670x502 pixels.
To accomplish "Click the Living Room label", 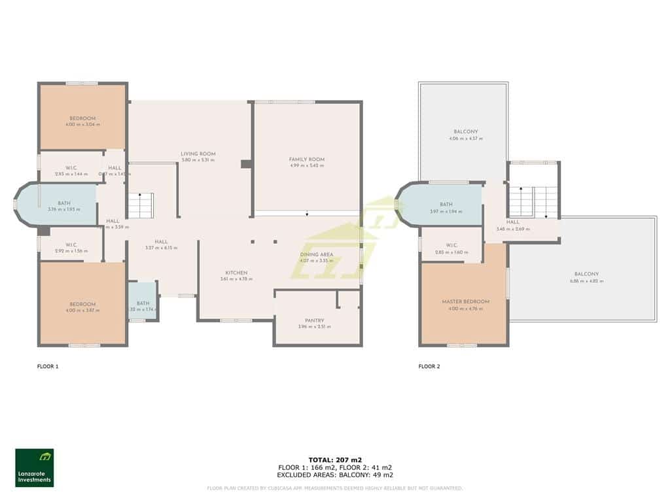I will pyautogui.click(x=198, y=154).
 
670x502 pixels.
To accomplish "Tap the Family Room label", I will pyautogui.click(x=307, y=159).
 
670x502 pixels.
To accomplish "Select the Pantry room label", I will pyautogui.click(x=311, y=320).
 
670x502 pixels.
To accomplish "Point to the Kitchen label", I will pyautogui.click(x=236, y=273).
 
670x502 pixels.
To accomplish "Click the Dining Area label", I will pyautogui.click(x=317, y=254).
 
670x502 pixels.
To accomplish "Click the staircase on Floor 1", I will pyautogui.click(x=141, y=205).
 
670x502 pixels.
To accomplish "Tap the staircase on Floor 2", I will pyautogui.click(x=533, y=201).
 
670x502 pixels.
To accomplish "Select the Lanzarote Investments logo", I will pyautogui.click(x=35, y=467).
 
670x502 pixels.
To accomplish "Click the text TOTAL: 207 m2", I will pyautogui.click(x=334, y=460).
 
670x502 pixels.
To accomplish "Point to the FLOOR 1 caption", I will pyautogui.click(x=48, y=367).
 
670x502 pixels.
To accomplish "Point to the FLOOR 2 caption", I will pyautogui.click(x=429, y=367).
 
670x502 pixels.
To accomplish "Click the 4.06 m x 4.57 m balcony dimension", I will pyautogui.click(x=466, y=139).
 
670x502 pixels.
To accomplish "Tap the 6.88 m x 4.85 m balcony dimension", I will pyautogui.click(x=586, y=281).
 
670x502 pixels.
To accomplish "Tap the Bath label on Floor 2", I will pyautogui.click(x=446, y=205).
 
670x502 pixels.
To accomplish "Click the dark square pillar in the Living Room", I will pyautogui.click(x=246, y=164).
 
